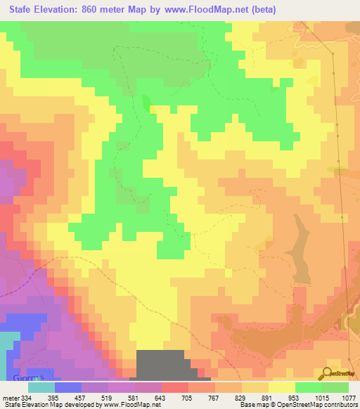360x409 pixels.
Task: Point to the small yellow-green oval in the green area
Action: pyautogui.click(x=146, y=103)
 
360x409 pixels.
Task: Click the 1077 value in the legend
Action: pyautogui.click(x=348, y=397)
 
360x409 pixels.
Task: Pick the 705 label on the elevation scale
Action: pyautogui.click(x=188, y=397)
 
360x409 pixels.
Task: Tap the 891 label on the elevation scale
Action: pyautogui.click(x=268, y=397)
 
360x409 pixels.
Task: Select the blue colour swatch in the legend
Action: pyautogui.click(x=68, y=387)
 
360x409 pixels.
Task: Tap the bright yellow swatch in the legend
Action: pyautogui.click(x=281, y=387)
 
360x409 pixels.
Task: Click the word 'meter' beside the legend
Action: pyautogui.click(x=11, y=397)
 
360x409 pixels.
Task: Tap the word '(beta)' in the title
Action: pyautogui.click(x=260, y=9)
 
